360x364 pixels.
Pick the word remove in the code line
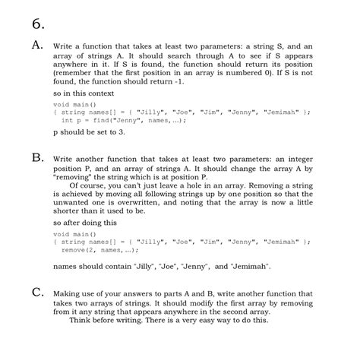74,249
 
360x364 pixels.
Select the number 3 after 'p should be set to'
122,131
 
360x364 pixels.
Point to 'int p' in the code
71,120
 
